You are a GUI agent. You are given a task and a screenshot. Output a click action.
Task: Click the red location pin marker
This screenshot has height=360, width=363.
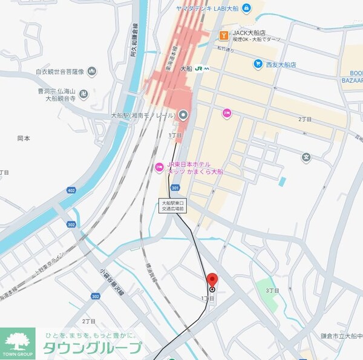point(212,281)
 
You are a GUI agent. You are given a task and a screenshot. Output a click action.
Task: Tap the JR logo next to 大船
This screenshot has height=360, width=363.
point(198,69)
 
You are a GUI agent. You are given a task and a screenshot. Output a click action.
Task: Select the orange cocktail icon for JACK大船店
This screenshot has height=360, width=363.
point(223,36)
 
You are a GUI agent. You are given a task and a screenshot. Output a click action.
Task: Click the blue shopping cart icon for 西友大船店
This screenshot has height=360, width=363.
point(258,64)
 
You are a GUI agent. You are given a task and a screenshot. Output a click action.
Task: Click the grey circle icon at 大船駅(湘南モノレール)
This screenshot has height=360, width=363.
point(183,114)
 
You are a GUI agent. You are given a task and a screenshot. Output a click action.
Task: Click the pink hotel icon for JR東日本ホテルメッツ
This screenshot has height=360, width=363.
point(159,166)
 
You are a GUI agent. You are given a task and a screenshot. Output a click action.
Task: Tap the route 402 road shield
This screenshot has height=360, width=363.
point(71,191)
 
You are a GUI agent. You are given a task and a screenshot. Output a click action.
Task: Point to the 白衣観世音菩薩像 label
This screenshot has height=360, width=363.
point(60,71)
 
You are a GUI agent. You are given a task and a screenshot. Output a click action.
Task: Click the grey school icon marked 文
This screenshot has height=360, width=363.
point(306,157)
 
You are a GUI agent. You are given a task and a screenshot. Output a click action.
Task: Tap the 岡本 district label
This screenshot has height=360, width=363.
point(24,139)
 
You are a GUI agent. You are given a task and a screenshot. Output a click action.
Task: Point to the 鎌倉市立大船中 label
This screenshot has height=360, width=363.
point(342,336)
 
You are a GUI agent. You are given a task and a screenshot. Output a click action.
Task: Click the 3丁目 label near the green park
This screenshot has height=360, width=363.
point(273,290)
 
